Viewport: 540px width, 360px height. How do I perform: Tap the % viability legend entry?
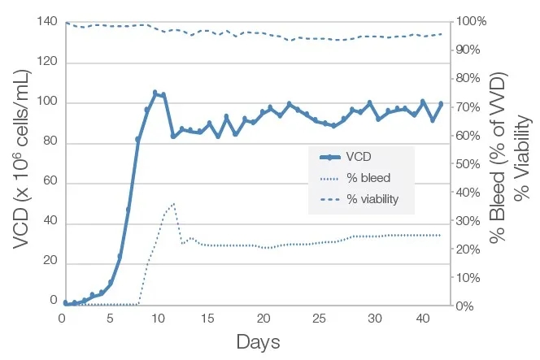[372, 198]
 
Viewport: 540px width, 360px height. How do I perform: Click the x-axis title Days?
[258, 342]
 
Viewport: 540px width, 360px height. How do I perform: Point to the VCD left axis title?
[24, 163]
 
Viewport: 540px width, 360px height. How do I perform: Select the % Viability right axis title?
[525, 163]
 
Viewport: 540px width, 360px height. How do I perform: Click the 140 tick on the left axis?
[46, 22]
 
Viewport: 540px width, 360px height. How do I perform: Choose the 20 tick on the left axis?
[49, 262]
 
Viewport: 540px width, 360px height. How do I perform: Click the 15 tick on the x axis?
[207, 318]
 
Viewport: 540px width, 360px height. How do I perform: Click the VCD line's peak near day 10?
[155, 93]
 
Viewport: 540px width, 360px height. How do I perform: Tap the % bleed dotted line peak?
[172, 203]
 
